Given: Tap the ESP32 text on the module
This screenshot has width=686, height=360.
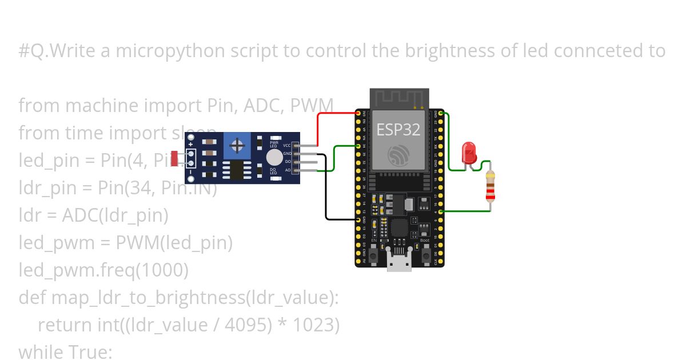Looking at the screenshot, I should point(398,130).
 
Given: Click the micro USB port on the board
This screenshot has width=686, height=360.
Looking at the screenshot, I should point(398,263).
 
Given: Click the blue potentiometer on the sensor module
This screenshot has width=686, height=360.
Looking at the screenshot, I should point(236,146).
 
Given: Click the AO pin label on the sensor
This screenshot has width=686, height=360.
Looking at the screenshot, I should point(288,170).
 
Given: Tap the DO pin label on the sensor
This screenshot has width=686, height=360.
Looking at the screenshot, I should point(288,162).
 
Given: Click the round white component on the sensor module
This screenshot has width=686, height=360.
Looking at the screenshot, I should point(274,158).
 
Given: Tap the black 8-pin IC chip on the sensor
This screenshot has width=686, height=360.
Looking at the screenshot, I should point(236,170).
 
